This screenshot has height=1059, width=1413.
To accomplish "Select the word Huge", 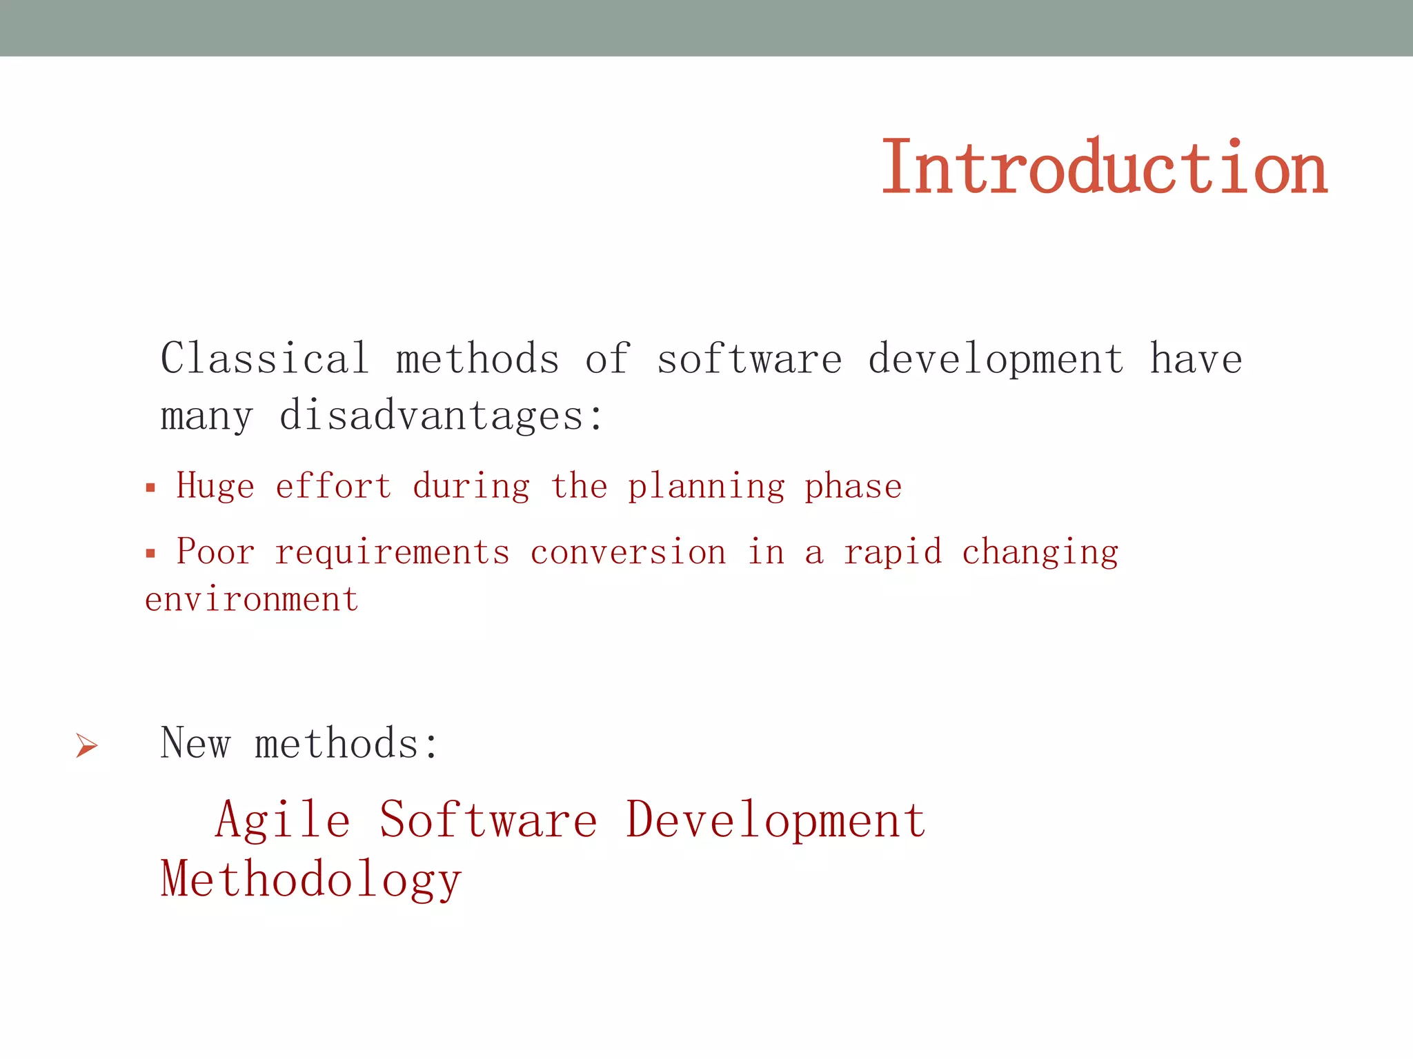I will click(215, 486).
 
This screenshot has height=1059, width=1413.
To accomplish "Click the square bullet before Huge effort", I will click(150, 489).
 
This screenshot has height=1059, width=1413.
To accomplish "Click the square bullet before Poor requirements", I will click(150, 553).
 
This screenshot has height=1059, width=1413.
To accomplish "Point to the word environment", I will click(252, 599).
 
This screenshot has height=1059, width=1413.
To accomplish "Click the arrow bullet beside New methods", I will click(87, 745).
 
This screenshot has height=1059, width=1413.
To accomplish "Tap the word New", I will click(195, 744).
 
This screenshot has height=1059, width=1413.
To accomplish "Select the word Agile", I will click(283, 821).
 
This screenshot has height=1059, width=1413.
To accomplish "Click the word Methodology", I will click(310, 880).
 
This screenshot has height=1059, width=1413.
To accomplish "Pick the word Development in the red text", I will click(775, 820).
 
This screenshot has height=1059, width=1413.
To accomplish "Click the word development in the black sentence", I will click(996, 360).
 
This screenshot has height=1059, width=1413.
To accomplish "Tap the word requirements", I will click(392, 552).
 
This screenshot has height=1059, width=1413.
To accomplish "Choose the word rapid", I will click(893, 553).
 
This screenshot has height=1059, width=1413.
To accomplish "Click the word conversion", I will click(628, 552).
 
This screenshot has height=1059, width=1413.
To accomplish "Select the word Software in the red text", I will click(488, 820).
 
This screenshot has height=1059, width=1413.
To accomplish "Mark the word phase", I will click(853, 487).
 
